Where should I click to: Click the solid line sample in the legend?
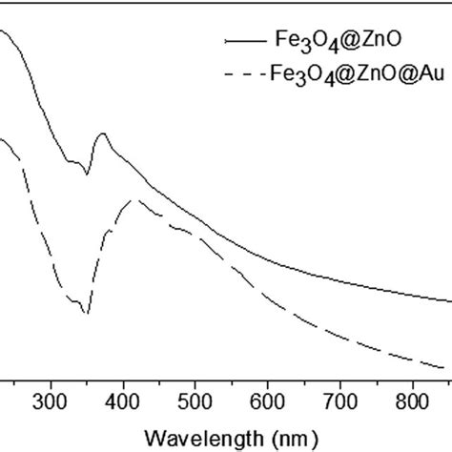point(244,41)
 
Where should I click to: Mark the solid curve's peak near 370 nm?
point(103,134)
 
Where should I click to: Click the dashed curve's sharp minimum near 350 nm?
point(88,313)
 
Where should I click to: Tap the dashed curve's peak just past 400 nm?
point(136,199)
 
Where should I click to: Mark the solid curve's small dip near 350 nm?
point(88,175)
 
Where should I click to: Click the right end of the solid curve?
point(449,300)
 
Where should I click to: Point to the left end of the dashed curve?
point(3,139)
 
